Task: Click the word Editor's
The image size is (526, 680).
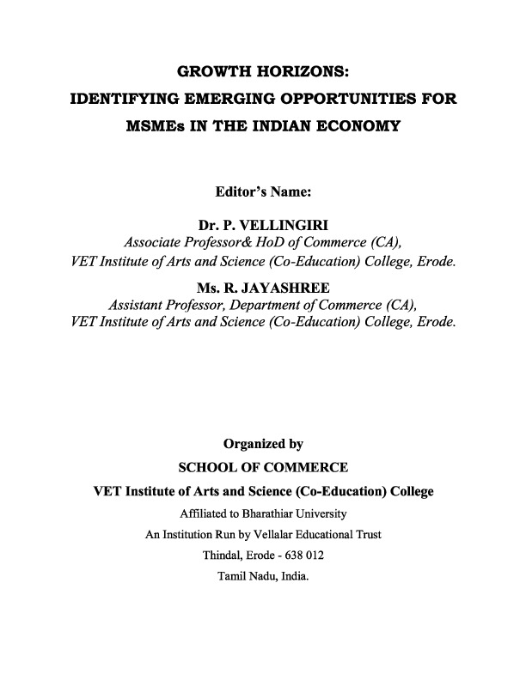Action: coord(243,193)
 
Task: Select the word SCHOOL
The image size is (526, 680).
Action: coord(210,468)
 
